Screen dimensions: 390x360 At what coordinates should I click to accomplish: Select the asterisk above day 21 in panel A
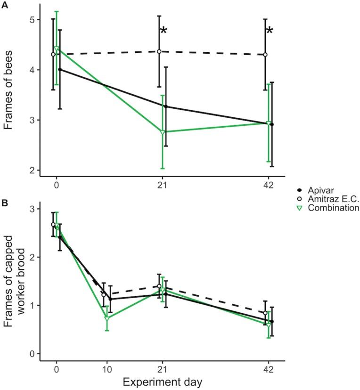(164, 32)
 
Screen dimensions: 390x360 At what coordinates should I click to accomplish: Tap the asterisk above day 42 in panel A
(270, 32)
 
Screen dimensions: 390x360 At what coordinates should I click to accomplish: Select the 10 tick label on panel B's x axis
(106, 368)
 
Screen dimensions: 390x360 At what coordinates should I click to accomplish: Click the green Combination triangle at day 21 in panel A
(163, 132)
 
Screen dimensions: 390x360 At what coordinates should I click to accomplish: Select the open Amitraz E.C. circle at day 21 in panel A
(159, 51)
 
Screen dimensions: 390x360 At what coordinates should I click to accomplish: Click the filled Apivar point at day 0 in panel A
(60, 69)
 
